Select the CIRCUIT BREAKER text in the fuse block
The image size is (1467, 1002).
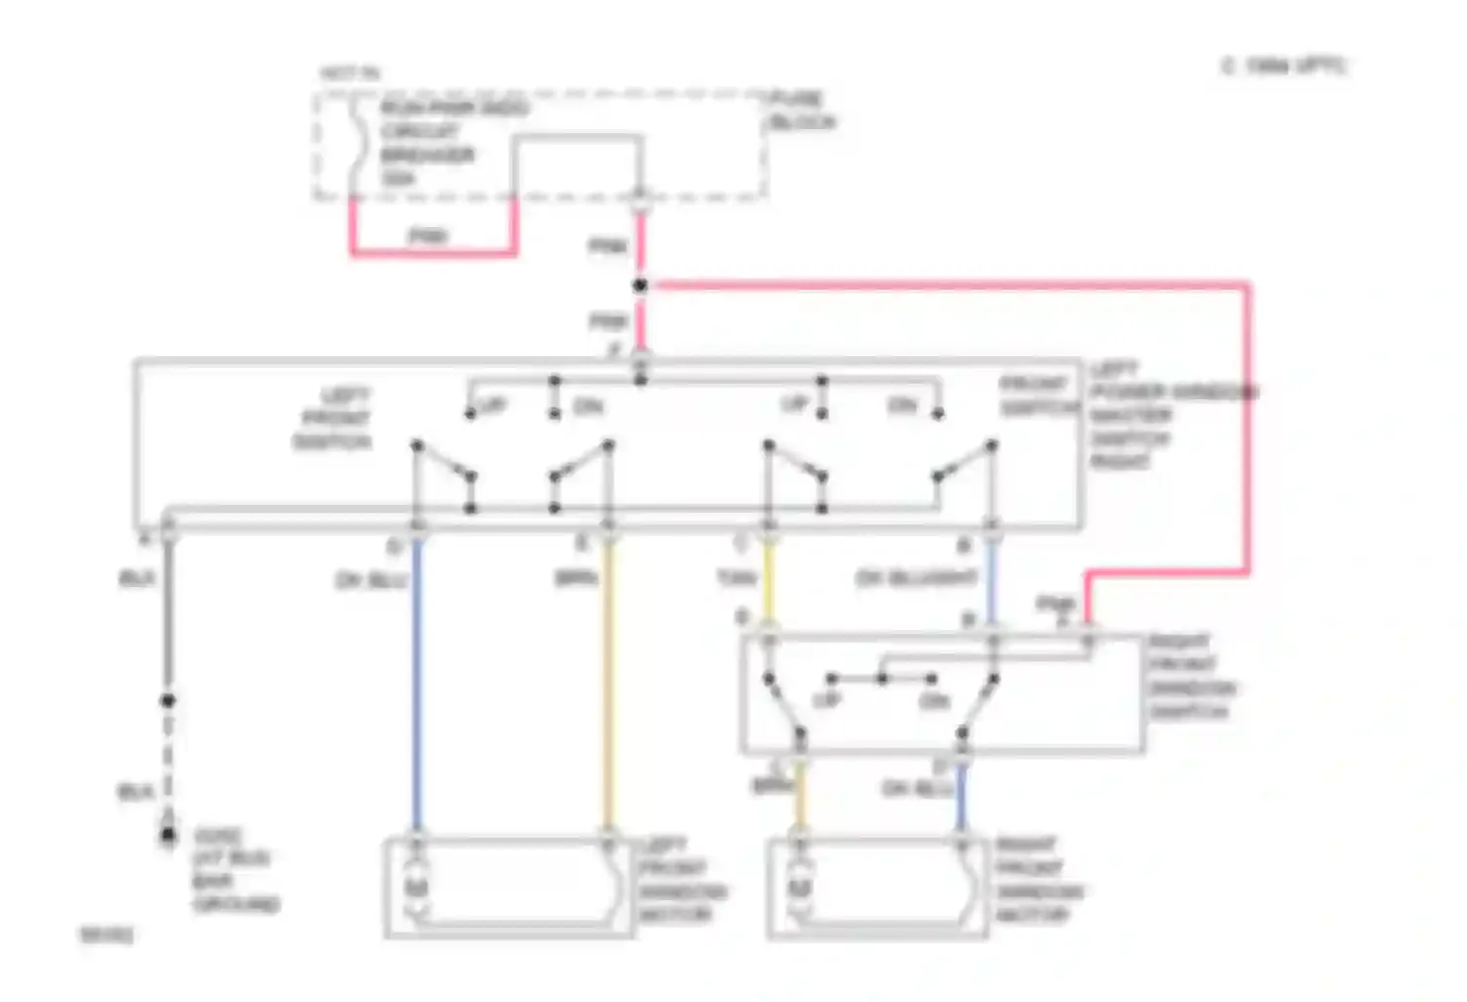point(427,143)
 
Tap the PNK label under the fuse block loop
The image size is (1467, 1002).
point(427,236)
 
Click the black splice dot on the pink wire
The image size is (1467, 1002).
point(640,286)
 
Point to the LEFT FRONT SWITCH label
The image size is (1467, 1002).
point(333,419)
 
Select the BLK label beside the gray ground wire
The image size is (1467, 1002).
point(137,579)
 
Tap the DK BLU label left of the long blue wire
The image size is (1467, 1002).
point(371,581)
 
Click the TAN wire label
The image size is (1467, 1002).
point(735,579)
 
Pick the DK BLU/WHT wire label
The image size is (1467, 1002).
point(916,578)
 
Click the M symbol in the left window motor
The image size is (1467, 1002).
point(416,888)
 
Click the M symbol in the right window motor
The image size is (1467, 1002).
point(799,888)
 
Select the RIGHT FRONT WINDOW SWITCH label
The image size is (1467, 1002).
point(1190,676)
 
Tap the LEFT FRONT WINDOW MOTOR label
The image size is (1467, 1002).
point(682,880)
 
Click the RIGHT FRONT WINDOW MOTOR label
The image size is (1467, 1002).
point(1039,880)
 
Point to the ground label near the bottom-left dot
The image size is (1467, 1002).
point(235,870)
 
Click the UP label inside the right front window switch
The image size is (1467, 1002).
point(827,701)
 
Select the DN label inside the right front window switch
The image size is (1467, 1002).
point(934,701)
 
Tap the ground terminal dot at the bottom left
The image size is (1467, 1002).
point(168,835)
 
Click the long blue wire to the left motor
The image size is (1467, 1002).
point(417,685)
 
